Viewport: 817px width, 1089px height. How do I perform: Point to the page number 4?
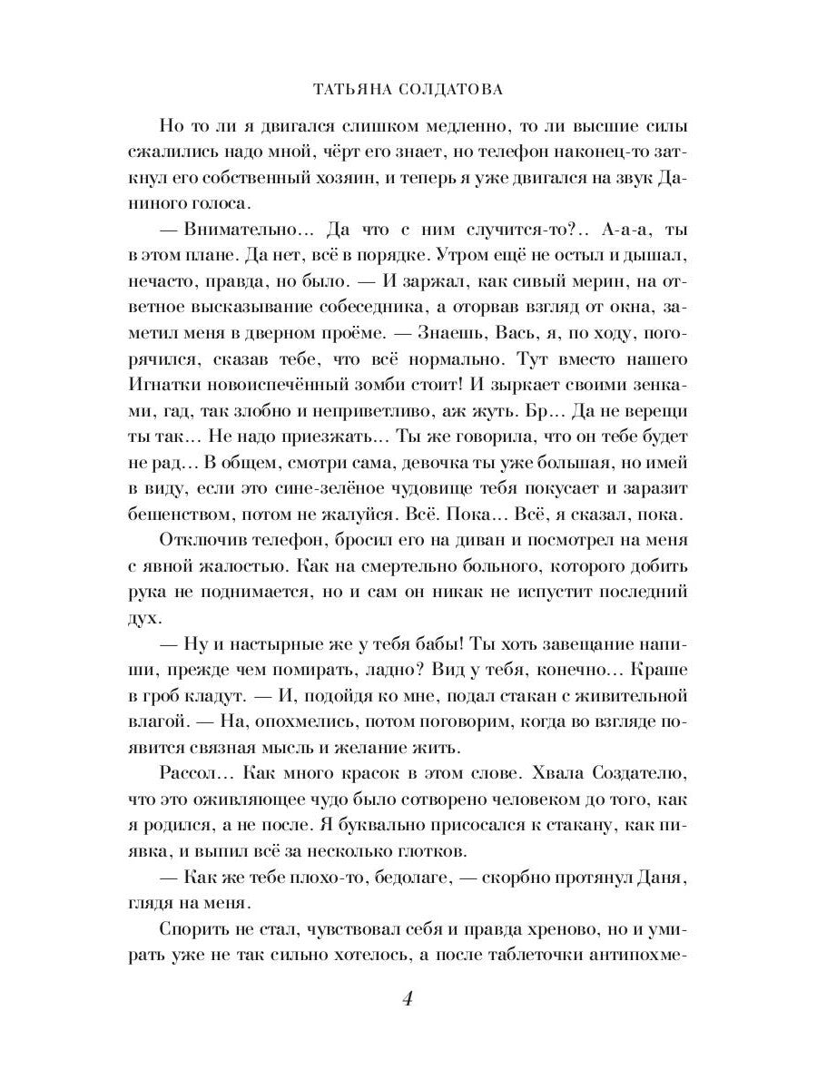click(x=408, y=999)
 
